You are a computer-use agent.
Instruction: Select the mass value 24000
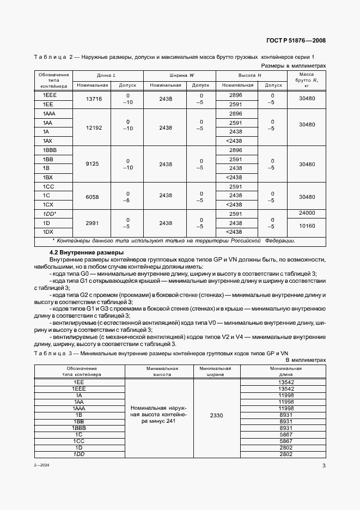click(x=307, y=214)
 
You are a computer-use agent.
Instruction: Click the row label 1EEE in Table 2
click(x=50, y=94)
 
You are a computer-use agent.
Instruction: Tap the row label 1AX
click(x=47, y=141)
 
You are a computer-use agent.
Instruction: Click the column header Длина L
click(x=106, y=75)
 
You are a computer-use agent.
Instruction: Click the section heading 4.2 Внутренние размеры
click(x=87, y=252)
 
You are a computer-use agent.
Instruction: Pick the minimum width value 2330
click(x=216, y=415)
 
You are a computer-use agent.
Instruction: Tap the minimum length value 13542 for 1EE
click(x=286, y=382)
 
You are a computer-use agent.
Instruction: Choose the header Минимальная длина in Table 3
click(x=286, y=372)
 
